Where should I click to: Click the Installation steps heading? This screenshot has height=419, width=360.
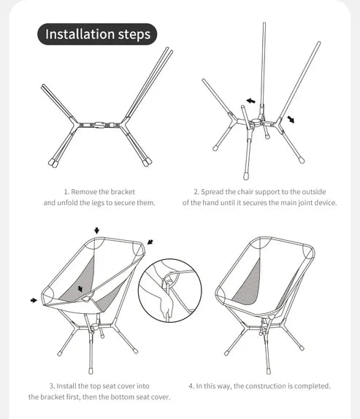pyautogui.click(x=98, y=34)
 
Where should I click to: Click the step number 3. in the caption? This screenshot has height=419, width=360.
pyautogui.click(x=52, y=385)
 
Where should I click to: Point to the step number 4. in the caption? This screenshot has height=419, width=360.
pyautogui.click(x=191, y=385)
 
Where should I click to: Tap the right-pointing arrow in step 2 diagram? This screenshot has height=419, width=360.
pyautogui.click(x=292, y=118)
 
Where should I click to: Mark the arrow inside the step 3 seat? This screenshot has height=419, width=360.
pyautogui.click(x=80, y=290)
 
